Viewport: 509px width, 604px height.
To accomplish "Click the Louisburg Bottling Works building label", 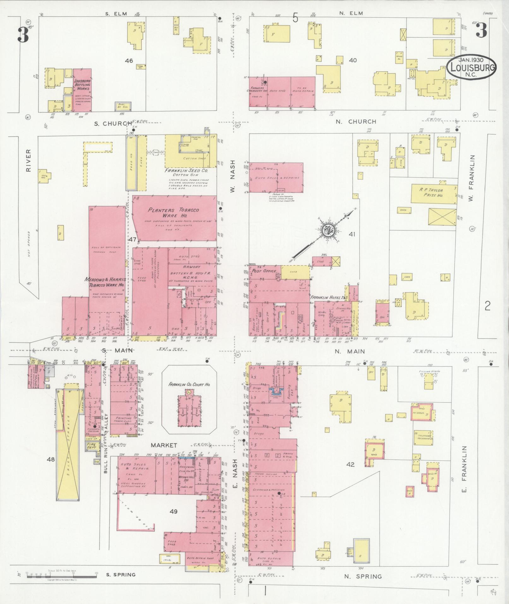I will (82, 85).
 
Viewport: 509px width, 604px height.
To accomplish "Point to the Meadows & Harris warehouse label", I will (105, 282).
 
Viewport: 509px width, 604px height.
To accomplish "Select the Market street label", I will (164, 445).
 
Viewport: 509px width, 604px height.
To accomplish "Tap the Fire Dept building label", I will (91, 446).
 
